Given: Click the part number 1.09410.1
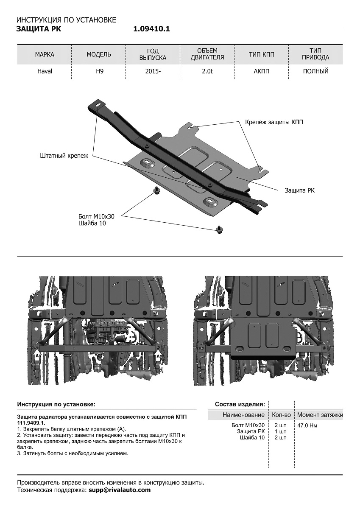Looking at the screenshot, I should [x=151, y=29].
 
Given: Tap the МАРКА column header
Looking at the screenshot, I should [x=45, y=55].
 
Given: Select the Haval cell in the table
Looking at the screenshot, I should [x=45, y=71].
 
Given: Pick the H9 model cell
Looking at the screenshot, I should [x=99, y=71].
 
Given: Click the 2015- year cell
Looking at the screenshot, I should [x=153, y=71].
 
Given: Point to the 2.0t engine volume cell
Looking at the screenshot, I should [x=207, y=71].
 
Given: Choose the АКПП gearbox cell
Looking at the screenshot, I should [x=262, y=71].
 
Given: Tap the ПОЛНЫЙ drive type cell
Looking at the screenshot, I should [x=316, y=71].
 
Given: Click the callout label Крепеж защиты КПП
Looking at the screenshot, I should [x=274, y=122].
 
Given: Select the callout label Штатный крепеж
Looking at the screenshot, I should [x=64, y=156].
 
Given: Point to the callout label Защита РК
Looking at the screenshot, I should [x=299, y=191].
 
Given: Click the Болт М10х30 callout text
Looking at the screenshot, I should [x=97, y=216].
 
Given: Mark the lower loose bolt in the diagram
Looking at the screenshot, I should [x=220, y=229].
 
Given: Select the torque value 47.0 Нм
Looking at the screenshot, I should [x=307, y=425].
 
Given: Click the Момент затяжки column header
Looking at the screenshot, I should [x=320, y=415].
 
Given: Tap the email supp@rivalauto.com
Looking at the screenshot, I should [x=120, y=490].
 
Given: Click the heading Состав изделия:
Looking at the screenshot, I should [x=240, y=404].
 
